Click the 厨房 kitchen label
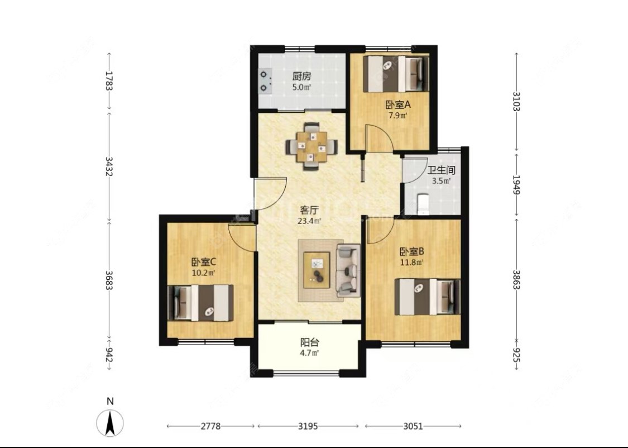coord(301,76)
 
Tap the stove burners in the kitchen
coord(265,81)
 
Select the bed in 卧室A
coord(396,74)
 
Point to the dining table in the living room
coord(311,147)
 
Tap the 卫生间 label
coord(441,170)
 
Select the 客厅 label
coord(310,210)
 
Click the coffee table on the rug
coord(317,270)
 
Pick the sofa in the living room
coord(348,270)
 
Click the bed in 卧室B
coord(428,297)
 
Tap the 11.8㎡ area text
coord(412,263)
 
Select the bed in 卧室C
coord(200,303)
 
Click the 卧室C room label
coord(204,262)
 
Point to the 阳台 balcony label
coord(310,342)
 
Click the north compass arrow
coord(110,423)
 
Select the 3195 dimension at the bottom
coord(308,426)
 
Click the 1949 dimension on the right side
coord(516,185)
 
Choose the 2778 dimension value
coord(210,426)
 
